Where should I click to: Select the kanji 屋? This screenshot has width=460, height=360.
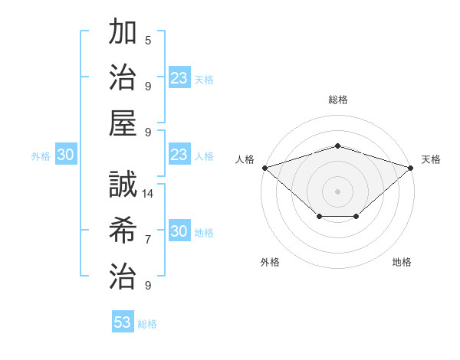(123, 123)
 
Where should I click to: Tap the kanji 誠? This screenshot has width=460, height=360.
(123, 185)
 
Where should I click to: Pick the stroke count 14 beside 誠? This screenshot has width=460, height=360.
(148, 194)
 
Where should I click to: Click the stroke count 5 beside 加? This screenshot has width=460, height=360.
(148, 41)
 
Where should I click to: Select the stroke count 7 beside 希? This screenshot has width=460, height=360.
(148, 240)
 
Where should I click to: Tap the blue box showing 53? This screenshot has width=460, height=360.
(123, 322)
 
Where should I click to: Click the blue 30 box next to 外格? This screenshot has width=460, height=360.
(65, 155)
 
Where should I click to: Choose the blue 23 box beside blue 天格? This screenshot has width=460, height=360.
(179, 78)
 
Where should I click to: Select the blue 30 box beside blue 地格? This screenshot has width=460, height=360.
(179, 232)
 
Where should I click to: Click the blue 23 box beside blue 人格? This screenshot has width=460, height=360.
(179, 155)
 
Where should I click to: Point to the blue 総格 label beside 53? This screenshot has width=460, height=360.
(147, 324)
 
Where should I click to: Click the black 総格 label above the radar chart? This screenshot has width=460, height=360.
(337, 100)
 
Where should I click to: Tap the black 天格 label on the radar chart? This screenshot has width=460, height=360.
(431, 159)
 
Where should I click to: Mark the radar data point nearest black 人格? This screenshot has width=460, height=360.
(264, 167)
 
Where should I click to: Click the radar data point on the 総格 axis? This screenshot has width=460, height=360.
(337, 146)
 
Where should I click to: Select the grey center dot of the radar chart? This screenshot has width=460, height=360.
(337, 190)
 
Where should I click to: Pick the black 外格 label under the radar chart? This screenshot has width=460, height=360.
(270, 262)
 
